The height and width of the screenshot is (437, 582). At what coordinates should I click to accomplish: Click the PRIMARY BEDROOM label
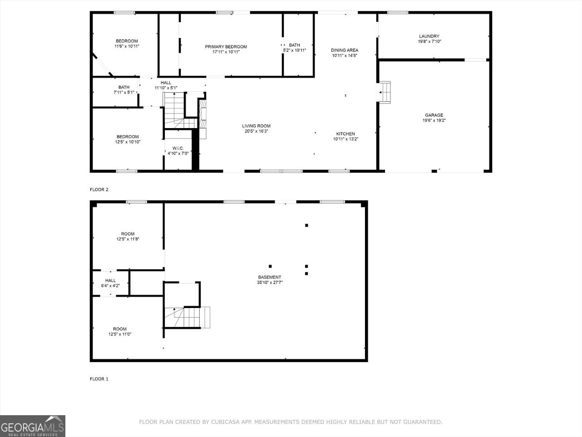coord(226,47)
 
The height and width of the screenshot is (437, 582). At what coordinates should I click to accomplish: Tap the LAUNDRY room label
coord(429,36)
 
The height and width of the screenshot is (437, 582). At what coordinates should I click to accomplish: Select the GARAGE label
coord(434,115)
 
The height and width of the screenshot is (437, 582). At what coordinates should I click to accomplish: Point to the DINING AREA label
coord(345,50)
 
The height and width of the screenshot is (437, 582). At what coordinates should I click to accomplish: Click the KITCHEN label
coord(345,134)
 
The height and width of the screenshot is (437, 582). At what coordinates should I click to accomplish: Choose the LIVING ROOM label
coord(256,126)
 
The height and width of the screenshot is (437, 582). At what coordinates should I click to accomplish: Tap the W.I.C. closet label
coord(178,149)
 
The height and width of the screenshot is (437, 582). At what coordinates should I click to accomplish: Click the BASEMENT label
coord(270,277)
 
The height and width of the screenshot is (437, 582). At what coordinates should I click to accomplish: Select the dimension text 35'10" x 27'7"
coord(270,283)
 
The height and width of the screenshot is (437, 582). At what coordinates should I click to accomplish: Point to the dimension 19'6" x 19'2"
coord(434,120)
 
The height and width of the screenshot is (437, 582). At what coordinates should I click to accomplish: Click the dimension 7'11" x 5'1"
coord(124,92)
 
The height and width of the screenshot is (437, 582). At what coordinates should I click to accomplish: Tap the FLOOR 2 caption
coord(99,189)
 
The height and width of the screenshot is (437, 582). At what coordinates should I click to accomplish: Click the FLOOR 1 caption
coord(99,379)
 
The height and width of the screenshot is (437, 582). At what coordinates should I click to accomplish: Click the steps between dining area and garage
coord(385,92)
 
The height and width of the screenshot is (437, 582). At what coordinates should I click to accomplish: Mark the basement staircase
coord(187,318)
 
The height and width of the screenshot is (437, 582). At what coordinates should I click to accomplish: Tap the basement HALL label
coord(110,280)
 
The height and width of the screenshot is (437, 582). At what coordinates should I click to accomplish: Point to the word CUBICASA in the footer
coord(225,422)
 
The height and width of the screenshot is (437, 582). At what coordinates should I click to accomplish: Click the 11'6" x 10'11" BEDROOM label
coord(127,44)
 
